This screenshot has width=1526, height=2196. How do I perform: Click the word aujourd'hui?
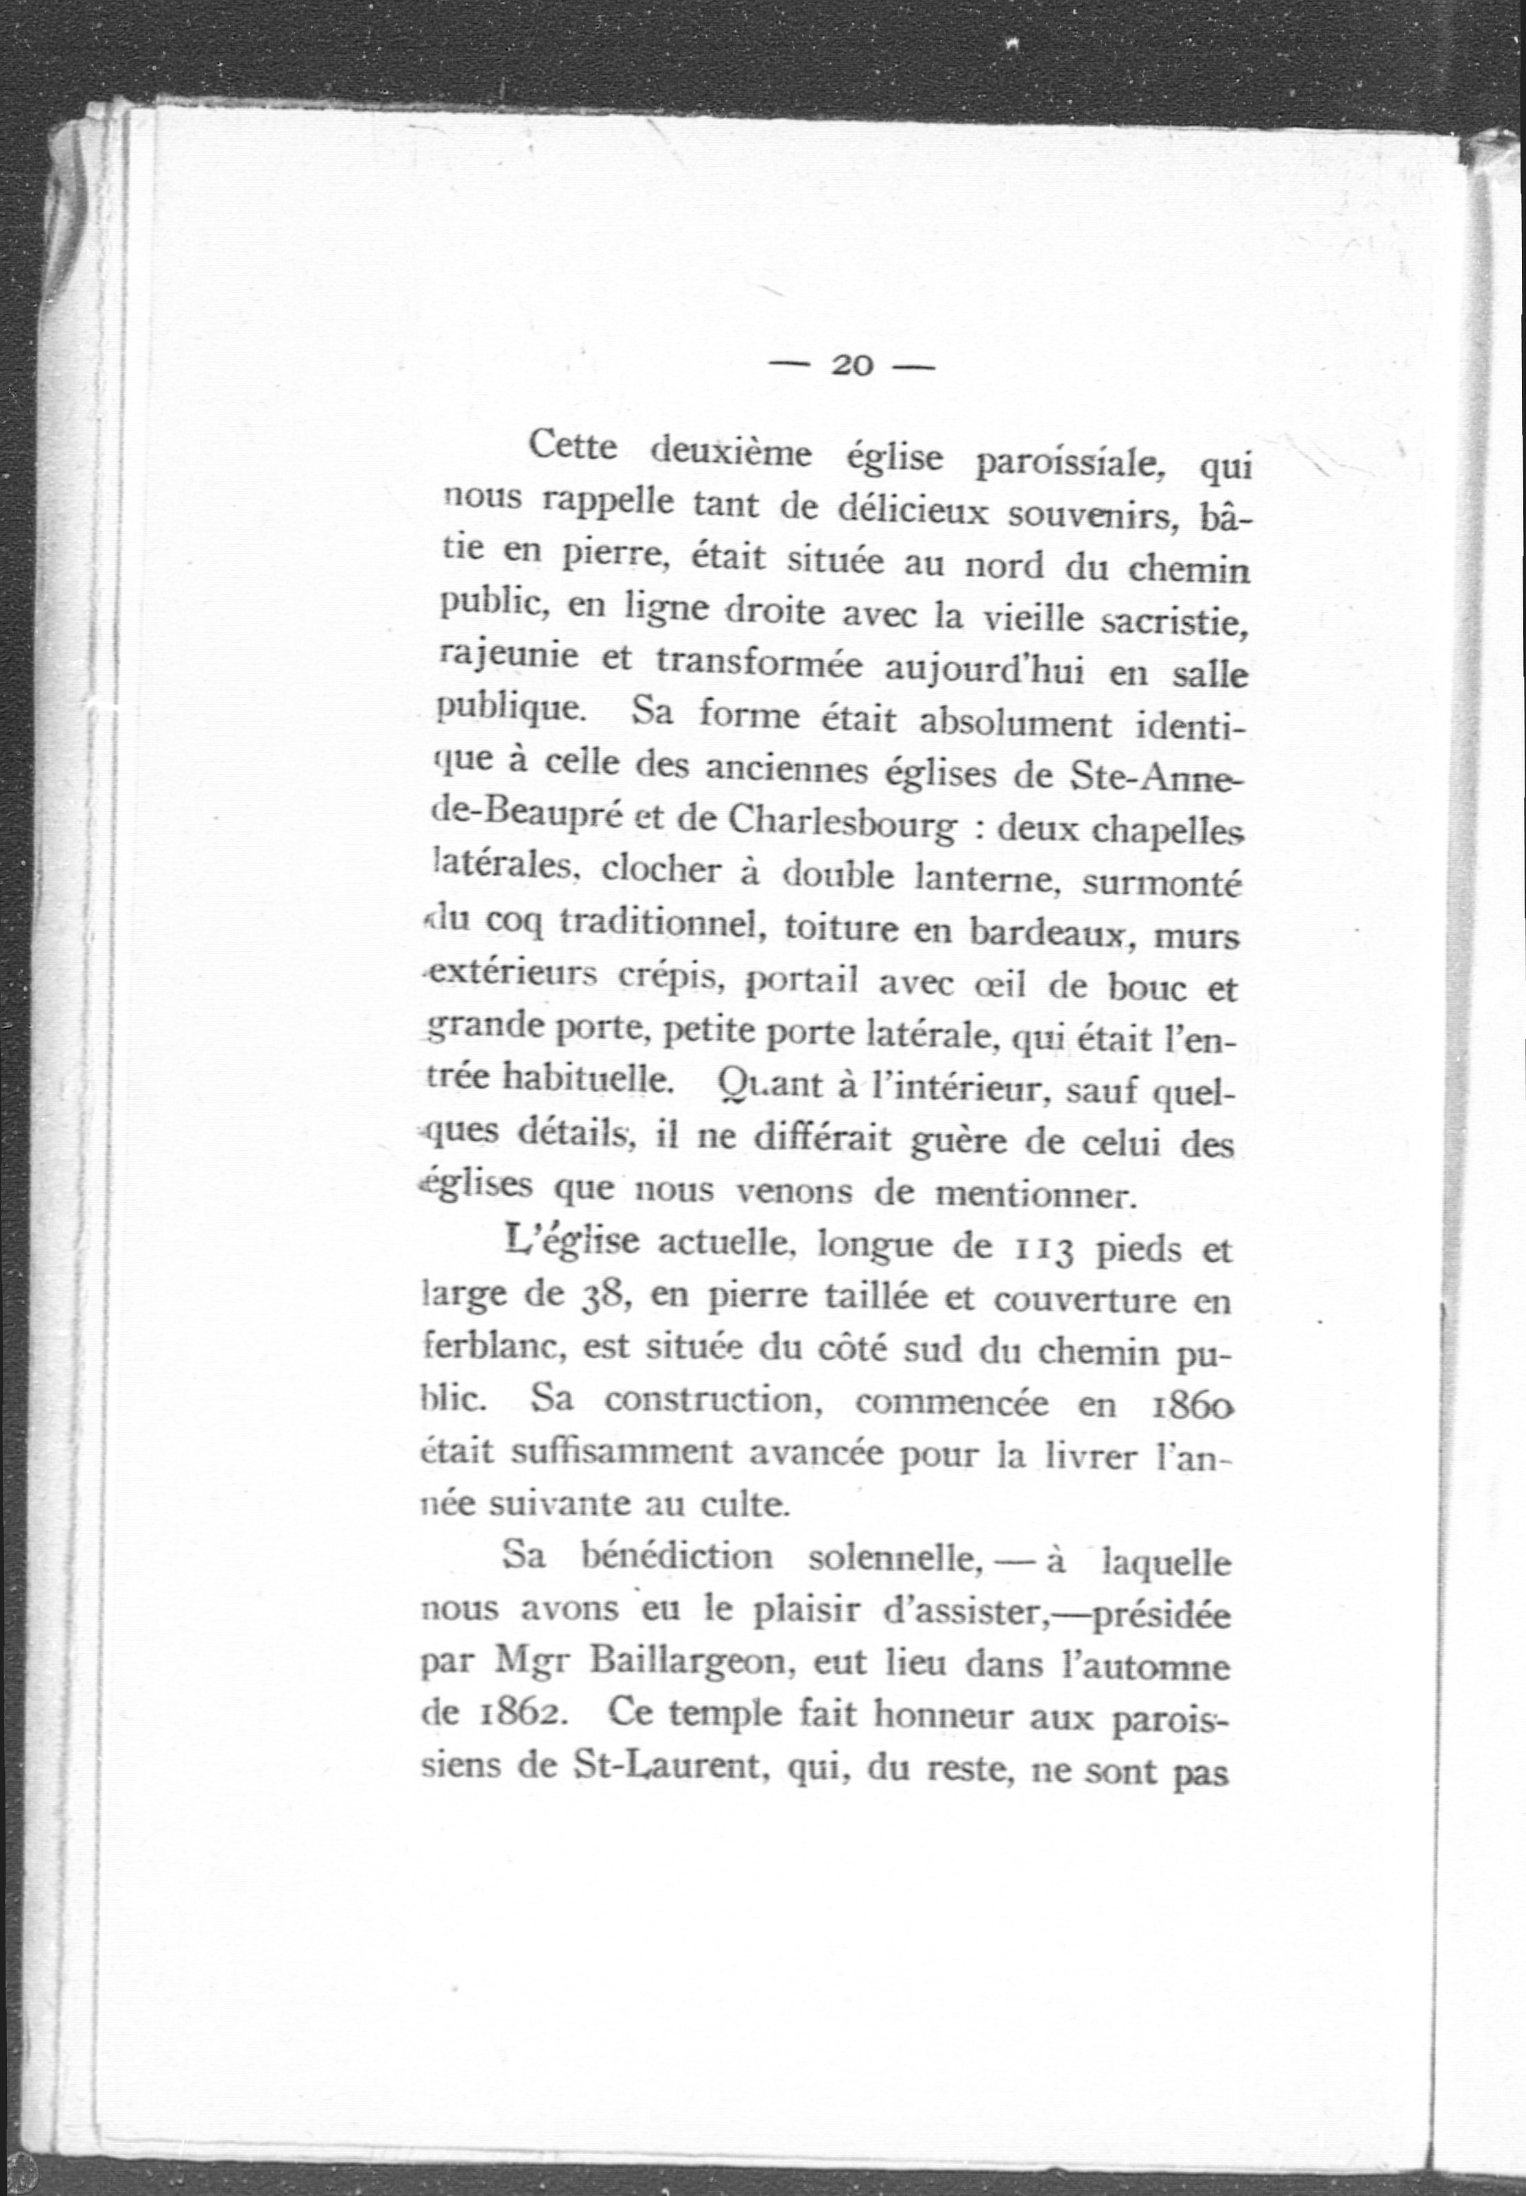pyautogui.click(x=984, y=668)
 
